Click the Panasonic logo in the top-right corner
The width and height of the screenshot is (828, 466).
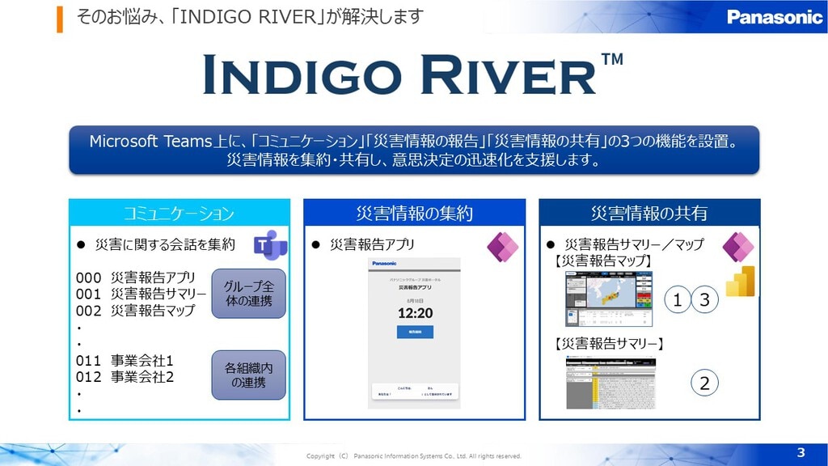tap(774, 17)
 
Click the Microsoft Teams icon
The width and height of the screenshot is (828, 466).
tap(270, 244)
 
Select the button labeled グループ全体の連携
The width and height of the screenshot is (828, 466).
tap(248, 293)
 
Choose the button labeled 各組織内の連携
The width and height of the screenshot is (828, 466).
tap(248, 375)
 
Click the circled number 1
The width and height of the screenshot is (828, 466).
tap(678, 300)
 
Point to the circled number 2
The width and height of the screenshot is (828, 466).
tap(704, 383)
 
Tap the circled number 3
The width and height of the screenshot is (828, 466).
tap(704, 300)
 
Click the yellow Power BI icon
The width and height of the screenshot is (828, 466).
tap(740, 282)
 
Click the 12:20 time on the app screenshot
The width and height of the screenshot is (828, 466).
tap(414, 312)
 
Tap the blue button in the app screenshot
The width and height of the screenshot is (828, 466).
tap(414, 332)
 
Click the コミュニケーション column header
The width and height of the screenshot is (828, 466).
tap(179, 214)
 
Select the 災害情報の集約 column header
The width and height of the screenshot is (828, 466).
tap(414, 214)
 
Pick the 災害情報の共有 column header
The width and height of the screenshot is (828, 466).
tap(649, 214)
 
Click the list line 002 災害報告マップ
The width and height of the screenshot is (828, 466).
tap(136, 310)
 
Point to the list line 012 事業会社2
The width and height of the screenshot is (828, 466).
tap(125, 377)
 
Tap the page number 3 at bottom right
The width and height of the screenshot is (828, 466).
tap(801, 451)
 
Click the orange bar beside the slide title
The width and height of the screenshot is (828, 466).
tap(60, 19)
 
